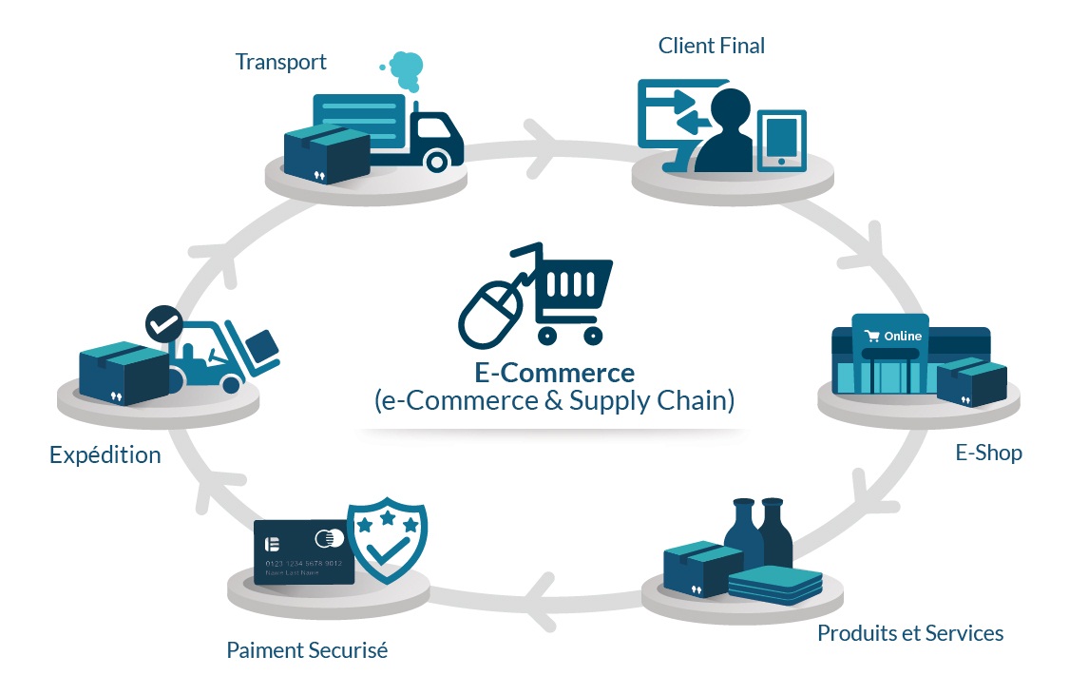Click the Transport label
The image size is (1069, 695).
pyautogui.click(x=280, y=63)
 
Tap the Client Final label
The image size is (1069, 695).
pyautogui.click(x=711, y=46)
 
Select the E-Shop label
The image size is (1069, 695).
pyautogui.click(x=988, y=453)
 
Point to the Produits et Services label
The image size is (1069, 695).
pyautogui.click(x=909, y=633)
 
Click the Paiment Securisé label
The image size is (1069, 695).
pyautogui.click(x=307, y=651)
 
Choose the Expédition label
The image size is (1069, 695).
pyautogui.click(x=105, y=455)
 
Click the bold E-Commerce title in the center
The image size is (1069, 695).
pyautogui.click(x=554, y=372)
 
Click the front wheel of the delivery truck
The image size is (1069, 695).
pyautogui.click(x=436, y=161)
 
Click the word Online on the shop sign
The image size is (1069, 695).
pyautogui.click(x=902, y=337)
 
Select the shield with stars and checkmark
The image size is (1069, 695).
pyautogui.click(x=387, y=543)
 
